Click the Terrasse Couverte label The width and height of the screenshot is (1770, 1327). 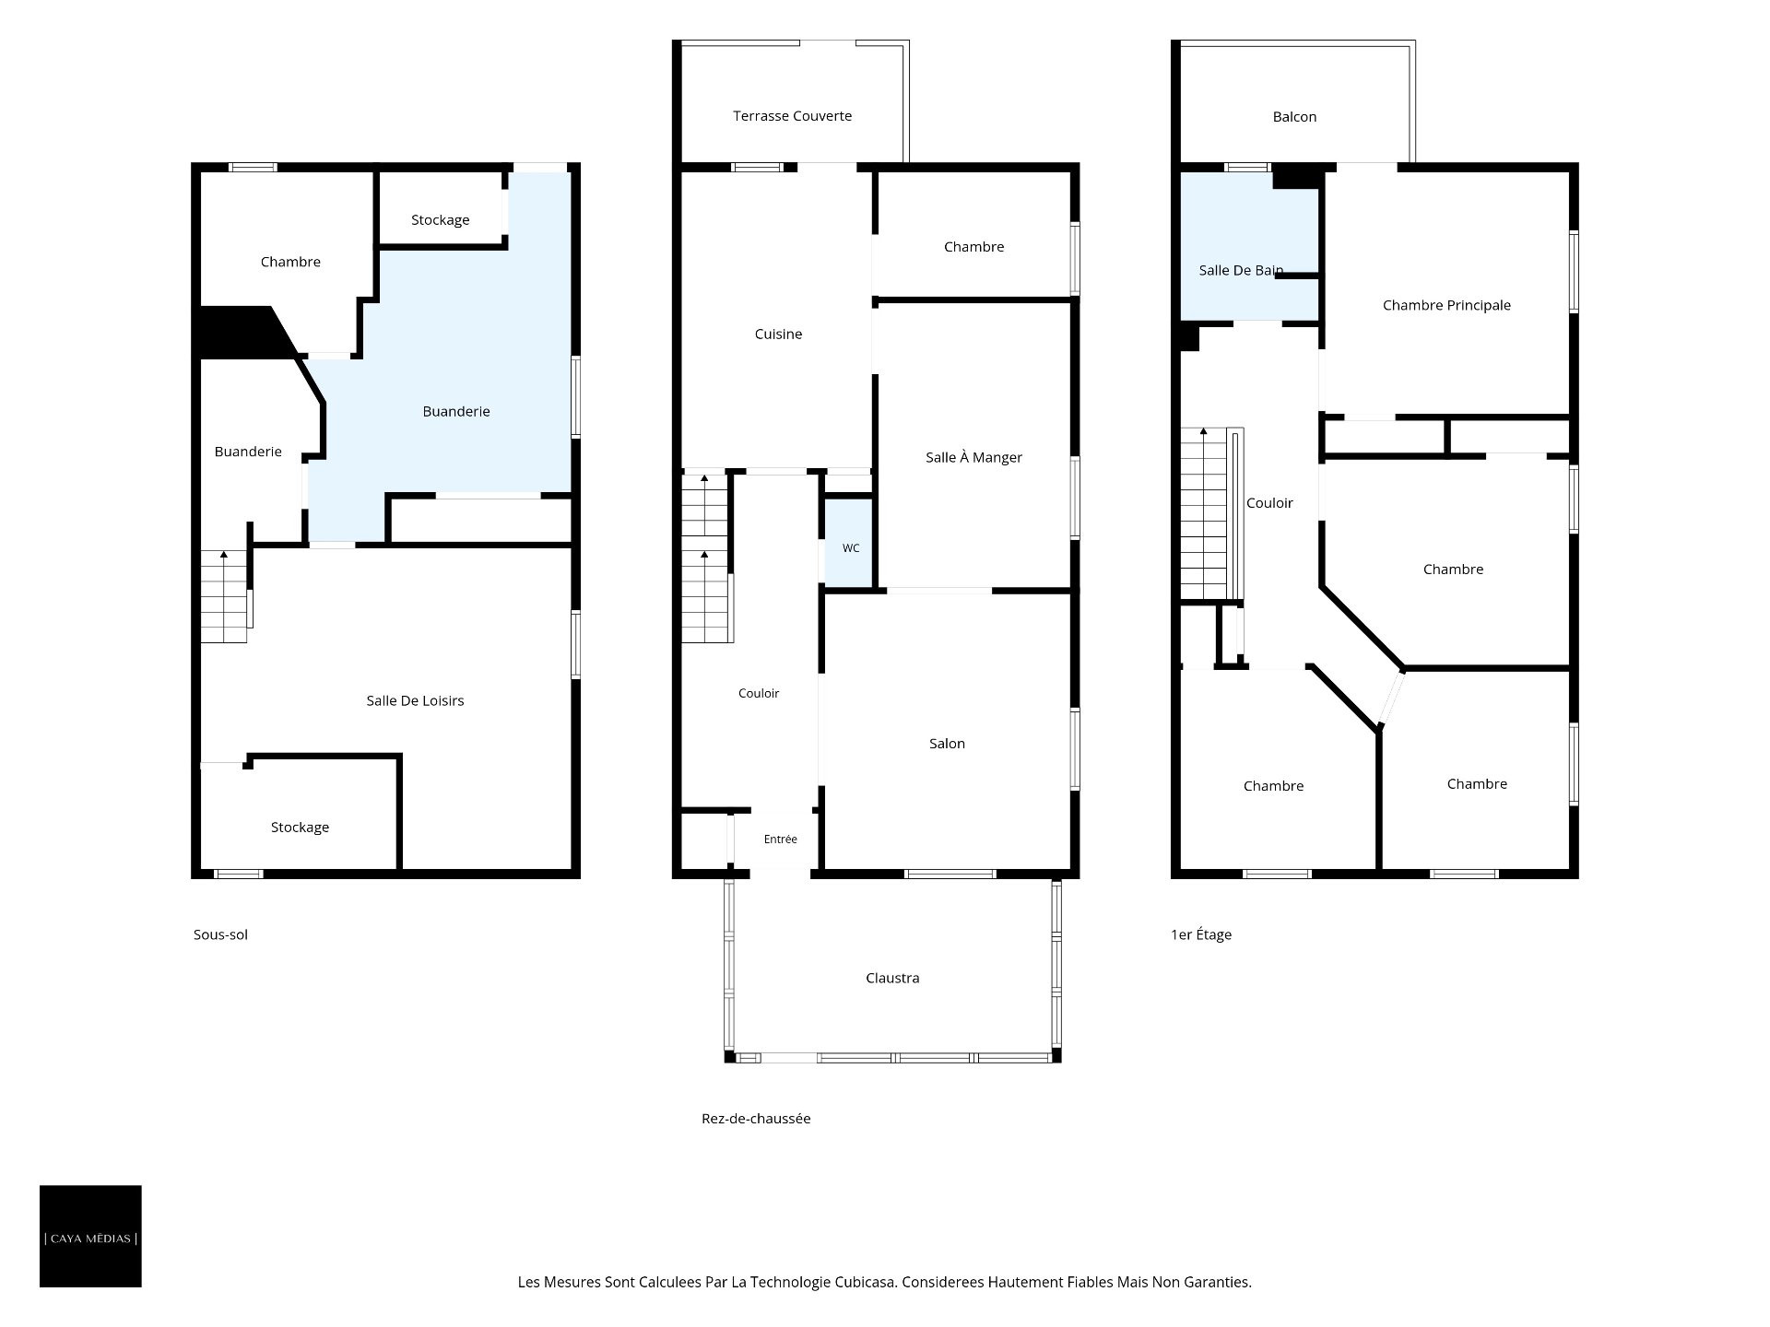click(x=792, y=116)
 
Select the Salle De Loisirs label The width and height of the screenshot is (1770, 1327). click(x=415, y=700)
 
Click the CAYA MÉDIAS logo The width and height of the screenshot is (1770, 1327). click(x=90, y=1236)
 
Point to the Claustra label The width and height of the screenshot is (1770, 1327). click(x=892, y=978)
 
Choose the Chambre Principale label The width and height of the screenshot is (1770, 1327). click(x=1446, y=305)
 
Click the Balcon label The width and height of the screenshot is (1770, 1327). click(x=1294, y=116)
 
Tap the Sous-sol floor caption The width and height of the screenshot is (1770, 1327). click(x=220, y=934)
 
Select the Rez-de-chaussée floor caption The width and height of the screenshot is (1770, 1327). click(x=756, y=1119)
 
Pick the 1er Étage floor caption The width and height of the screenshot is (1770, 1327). click(x=1201, y=934)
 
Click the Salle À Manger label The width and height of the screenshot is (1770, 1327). click(x=973, y=457)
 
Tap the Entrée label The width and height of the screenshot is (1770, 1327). click(x=780, y=839)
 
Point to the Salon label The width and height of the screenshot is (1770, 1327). click(x=947, y=744)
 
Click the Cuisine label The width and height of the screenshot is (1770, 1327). click(x=778, y=334)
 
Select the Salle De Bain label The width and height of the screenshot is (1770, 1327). click(x=1241, y=270)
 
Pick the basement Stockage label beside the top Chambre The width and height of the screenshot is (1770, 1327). click(x=440, y=219)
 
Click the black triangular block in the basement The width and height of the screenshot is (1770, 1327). click(x=242, y=333)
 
